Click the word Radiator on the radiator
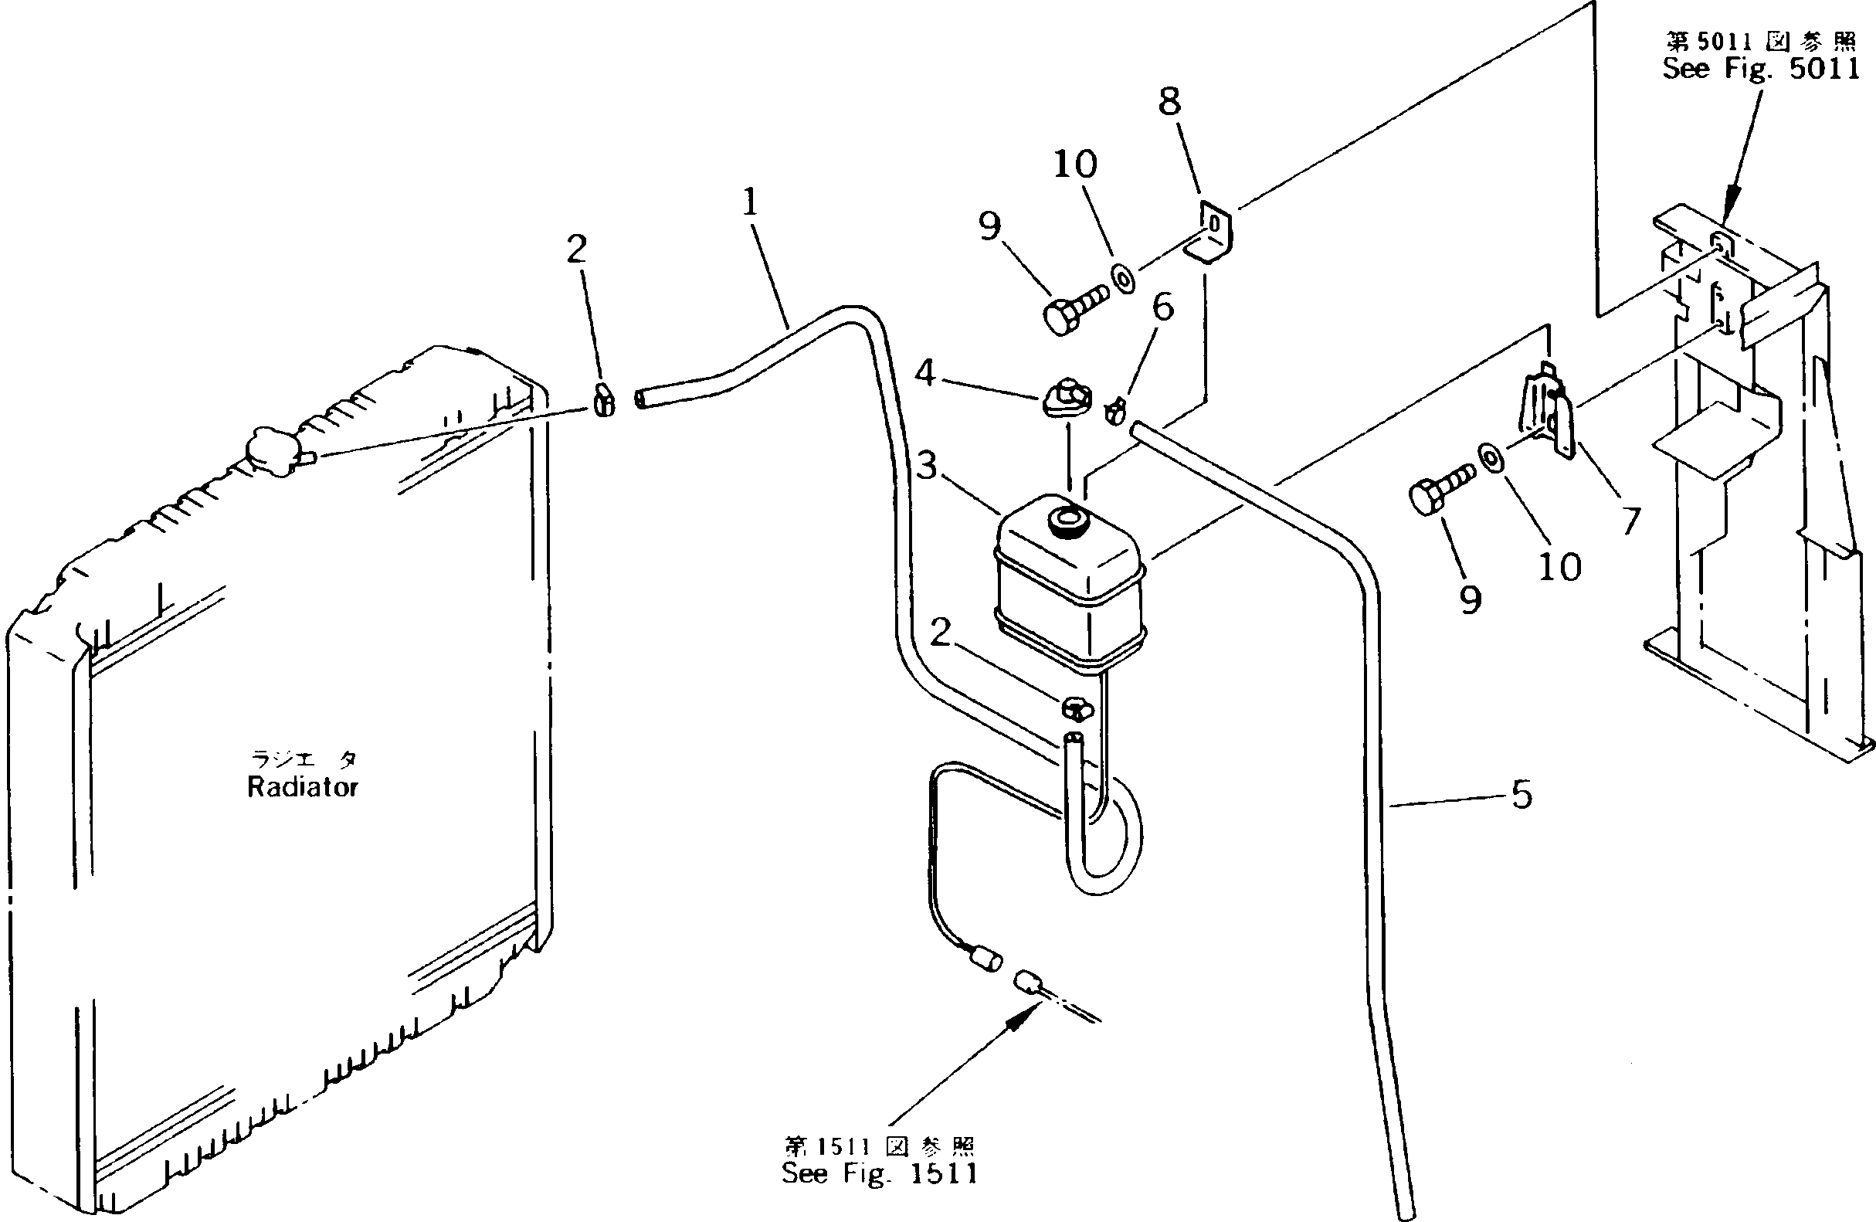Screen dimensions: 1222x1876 coord(303,787)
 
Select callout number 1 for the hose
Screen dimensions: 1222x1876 coord(750,202)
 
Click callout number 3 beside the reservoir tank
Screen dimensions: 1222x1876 coord(927,465)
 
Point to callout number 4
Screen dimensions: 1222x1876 coord(925,372)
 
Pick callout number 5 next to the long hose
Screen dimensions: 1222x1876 coord(1521,795)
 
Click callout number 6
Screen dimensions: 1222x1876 coord(1162,307)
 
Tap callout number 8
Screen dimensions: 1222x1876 coord(1170,101)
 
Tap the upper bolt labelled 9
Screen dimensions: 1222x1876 coord(1074,311)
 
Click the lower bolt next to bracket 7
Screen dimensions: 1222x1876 coord(1440,490)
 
